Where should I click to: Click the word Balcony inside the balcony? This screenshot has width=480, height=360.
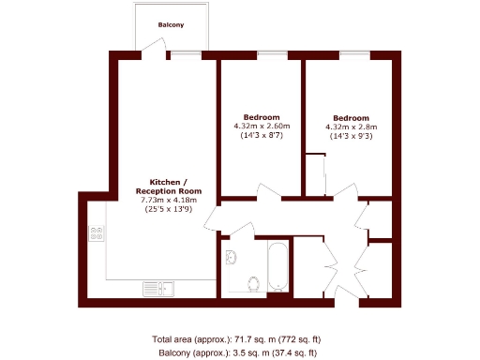pyautogui.click(x=170, y=23)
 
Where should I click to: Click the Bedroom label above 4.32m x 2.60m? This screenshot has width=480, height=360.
pyautogui.click(x=262, y=117)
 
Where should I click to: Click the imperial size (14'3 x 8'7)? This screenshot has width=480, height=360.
pyautogui.click(x=262, y=136)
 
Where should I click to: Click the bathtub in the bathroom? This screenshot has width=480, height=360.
pyautogui.click(x=277, y=266)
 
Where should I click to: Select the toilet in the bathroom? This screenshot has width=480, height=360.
pyautogui.click(x=252, y=282)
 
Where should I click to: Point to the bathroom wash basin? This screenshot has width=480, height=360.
pyautogui.click(x=232, y=256)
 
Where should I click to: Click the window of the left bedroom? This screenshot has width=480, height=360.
pyautogui.click(x=272, y=54)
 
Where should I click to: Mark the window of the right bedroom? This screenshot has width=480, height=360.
pyautogui.click(x=353, y=54)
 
